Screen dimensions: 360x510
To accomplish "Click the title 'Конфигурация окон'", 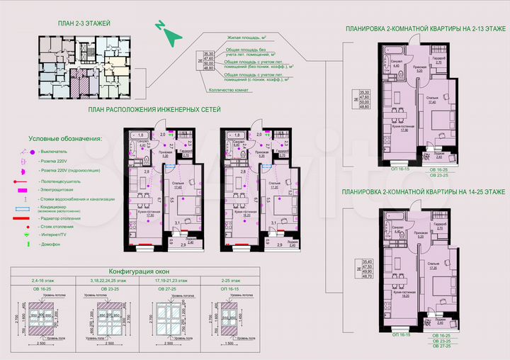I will [x=137, y=271].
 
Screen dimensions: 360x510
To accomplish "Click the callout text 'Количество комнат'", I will [x=229, y=90].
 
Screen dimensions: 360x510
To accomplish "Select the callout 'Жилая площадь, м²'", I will [x=240, y=35].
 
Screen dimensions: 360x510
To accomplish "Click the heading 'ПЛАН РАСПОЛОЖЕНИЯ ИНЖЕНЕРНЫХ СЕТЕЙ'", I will [x=154, y=111].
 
